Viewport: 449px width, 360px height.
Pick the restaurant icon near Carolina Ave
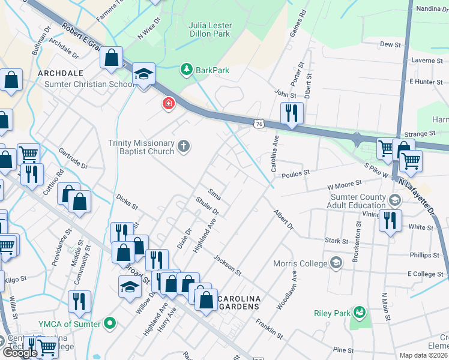[x=292, y=113]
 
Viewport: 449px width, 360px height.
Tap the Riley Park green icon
[x=360, y=313]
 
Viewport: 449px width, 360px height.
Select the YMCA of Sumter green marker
[x=109, y=325]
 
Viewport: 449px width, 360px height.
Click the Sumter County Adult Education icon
[x=395, y=200]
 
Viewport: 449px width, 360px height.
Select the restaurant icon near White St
[x=390, y=220]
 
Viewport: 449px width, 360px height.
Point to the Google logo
[x=20, y=353]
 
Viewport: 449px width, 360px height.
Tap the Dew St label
[x=390, y=44]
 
